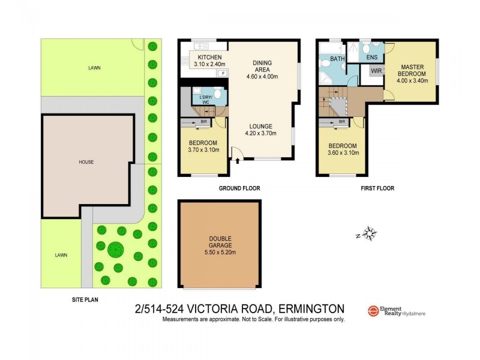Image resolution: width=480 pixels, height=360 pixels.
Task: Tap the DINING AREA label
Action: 265,65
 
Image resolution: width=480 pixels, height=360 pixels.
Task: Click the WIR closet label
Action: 376,71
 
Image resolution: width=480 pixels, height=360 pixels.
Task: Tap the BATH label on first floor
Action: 337,59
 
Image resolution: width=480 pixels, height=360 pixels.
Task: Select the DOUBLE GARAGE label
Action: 220,242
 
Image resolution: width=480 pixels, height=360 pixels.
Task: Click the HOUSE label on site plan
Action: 86,161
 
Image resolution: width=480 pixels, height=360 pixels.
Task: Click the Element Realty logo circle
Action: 372,310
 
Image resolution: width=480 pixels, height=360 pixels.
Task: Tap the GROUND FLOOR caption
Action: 239,188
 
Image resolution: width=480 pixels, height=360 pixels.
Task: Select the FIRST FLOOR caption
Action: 377,188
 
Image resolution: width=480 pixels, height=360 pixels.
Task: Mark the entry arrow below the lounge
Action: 238,160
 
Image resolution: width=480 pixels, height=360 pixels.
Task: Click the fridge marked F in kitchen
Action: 223,73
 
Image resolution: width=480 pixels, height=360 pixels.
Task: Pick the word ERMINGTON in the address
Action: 311,310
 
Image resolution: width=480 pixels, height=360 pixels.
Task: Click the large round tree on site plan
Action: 115,248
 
